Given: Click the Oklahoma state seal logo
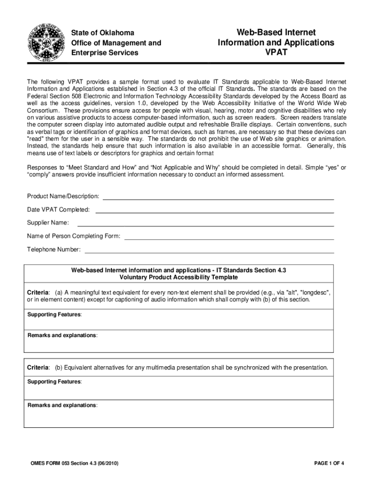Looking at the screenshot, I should click(x=47, y=42).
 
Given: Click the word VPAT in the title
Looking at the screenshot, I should click(x=276, y=53).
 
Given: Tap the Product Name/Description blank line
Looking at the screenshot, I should click(x=218, y=197).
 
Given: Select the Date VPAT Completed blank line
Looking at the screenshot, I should click(x=215, y=210).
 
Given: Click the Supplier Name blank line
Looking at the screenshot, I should click(x=206, y=223).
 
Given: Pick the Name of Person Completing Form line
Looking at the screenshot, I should click(x=229, y=237).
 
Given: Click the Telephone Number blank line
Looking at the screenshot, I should click(x=209, y=250).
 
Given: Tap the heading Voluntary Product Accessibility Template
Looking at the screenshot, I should click(x=178, y=277).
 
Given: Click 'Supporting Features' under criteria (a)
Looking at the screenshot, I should click(x=54, y=315).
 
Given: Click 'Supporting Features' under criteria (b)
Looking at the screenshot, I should click(x=54, y=382).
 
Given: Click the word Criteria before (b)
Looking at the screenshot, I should click(x=38, y=368).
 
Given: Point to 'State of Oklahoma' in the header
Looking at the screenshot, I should click(x=103, y=33).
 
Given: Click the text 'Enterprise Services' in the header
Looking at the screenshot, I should click(x=105, y=53).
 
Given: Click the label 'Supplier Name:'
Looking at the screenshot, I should click(x=48, y=223).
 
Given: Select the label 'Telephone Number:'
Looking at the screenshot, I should click(x=54, y=250).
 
